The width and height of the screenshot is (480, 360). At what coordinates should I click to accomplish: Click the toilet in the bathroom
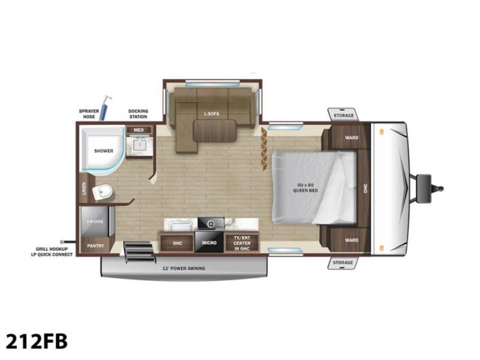coord(102,192)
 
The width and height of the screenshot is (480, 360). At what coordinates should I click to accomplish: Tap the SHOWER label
coord(104,151)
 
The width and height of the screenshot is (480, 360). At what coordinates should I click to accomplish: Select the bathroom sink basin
coord(140,145)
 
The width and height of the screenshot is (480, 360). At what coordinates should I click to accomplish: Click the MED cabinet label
coord(139,130)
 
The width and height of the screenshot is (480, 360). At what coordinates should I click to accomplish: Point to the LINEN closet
coord(84,188)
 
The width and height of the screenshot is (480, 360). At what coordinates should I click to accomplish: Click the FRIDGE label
coord(95,221)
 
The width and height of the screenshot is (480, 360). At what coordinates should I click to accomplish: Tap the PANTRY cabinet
coord(96,245)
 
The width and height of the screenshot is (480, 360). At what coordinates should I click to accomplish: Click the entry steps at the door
coord(139,252)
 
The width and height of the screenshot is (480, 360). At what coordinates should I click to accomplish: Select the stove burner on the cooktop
coord(211,224)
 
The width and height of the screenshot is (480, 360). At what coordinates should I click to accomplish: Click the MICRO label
coord(209,243)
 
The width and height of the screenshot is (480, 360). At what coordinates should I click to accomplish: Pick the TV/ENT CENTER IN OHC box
coord(242,243)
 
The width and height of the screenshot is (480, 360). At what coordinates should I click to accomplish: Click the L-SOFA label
coord(212,114)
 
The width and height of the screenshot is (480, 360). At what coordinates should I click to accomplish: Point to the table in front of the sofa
coord(215,131)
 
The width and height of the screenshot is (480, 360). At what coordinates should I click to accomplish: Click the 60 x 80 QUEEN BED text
coord(305,188)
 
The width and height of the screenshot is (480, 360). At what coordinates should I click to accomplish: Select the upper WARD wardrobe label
coord(352,138)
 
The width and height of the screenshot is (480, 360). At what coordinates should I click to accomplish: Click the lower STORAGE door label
coord(343,263)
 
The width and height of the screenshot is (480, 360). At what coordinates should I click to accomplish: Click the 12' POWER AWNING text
coord(184,268)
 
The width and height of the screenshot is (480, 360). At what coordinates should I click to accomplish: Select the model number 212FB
coord(37,341)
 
